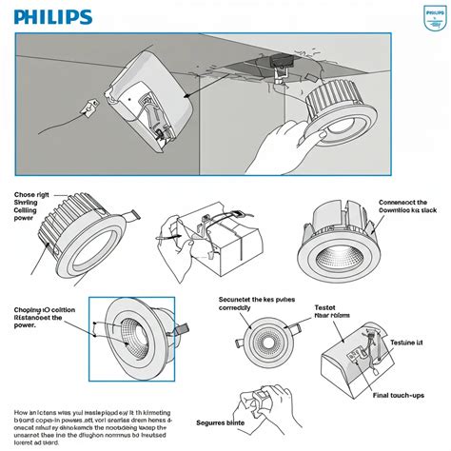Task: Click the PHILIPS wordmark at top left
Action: [x=52, y=17]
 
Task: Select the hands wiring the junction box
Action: [x=200, y=238]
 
